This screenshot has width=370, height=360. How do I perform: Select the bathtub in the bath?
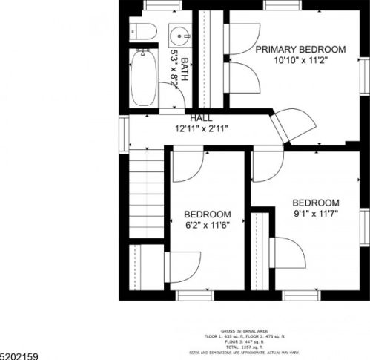[143, 79]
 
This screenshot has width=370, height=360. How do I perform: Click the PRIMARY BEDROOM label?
[300, 50]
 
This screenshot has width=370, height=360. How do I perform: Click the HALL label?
[201, 118]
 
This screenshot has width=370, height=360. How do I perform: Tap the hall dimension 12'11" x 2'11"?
[201, 128]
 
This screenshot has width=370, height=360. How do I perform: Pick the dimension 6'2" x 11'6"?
[207, 226]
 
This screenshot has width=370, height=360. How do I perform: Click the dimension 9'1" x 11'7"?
[315, 215]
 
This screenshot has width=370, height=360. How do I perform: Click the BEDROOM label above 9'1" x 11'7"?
[315, 203]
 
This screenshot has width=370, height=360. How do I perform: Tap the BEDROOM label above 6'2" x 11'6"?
[207, 214]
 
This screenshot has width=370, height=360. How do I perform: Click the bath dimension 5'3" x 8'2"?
[175, 69]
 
